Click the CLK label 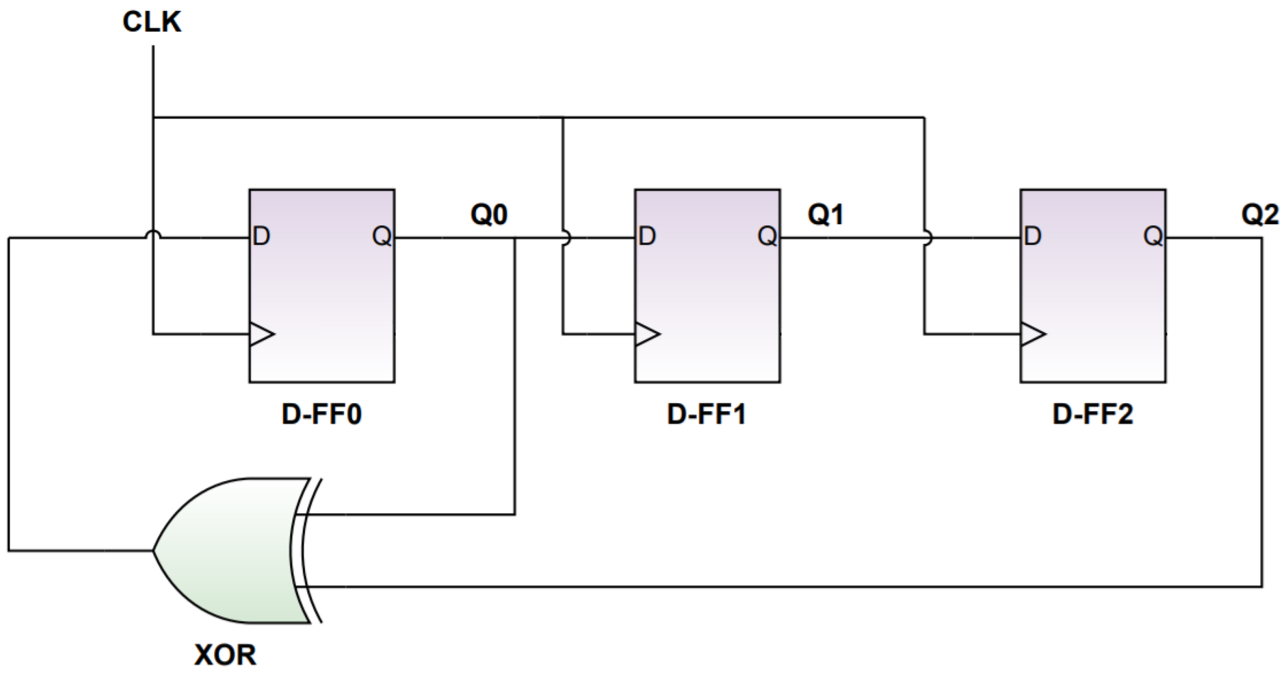click(x=152, y=23)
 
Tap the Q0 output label click(x=488, y=215)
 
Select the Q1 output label click(x=826, y=215)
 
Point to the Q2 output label click(x=1259, y=215)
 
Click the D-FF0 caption click(x=321, y=414)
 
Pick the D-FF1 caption click(x=707, y=414)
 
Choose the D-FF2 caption click(x=1092, y=414)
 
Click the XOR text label click(x=225, y=655)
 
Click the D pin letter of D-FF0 click(x=261, y=237)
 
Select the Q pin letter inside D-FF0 click(x=382, y=237)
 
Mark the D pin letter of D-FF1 click(x=647, y=237)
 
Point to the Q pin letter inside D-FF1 click(x=767, y=237)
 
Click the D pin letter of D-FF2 click(x=1032, y=237)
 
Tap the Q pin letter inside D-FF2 click(x=1153, y=237)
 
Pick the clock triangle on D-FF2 click(x=1032, y=334)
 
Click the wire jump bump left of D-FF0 click(x=153, y=234)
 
